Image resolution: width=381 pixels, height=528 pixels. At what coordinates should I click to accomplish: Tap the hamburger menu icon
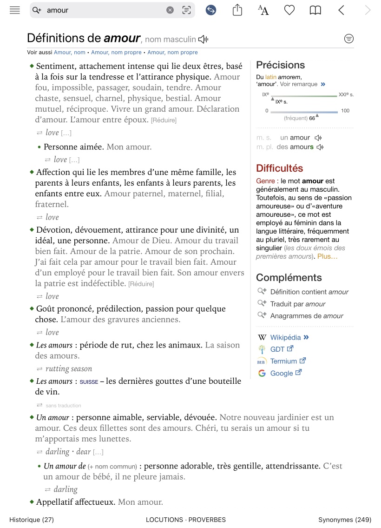tap(15, 10)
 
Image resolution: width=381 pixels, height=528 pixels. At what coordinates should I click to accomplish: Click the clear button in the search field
tap(170, 10)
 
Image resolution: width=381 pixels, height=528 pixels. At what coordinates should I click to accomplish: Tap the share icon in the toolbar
tap(237, 10)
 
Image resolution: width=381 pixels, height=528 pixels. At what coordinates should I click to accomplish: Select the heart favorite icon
tap(289, 10)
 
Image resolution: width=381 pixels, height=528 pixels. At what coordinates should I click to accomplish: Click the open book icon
tap(315, 10)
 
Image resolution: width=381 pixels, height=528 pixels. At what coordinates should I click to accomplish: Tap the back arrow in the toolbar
tap(342, 10)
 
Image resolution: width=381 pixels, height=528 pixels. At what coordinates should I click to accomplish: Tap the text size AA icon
tap(263, 10)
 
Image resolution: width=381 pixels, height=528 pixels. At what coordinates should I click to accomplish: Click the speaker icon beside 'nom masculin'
tap(203, 40)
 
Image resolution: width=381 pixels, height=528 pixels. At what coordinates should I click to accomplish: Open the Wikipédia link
tap(285, 337)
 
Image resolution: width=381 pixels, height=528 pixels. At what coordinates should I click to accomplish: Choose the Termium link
tap(283, 361)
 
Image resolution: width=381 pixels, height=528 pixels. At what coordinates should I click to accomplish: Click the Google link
tap(282, 373)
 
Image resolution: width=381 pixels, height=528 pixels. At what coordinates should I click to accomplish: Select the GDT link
tap(277, 349)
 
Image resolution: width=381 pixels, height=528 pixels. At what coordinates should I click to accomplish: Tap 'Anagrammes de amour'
tap(307, 316)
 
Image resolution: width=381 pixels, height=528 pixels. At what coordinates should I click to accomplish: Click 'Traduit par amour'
tap(298, 304)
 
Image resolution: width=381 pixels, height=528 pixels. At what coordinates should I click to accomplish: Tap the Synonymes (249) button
tap(344, 520)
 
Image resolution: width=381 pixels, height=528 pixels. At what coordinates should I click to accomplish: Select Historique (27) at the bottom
tap(32, 520)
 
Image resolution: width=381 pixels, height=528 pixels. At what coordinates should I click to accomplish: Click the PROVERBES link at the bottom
tap(207, 520)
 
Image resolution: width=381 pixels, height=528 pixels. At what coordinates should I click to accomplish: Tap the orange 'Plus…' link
tap(327, 256)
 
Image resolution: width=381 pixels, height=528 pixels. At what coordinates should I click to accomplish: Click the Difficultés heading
tap(279, 168)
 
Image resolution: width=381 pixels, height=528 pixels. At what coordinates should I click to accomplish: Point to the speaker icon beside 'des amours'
tap(320, 147)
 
